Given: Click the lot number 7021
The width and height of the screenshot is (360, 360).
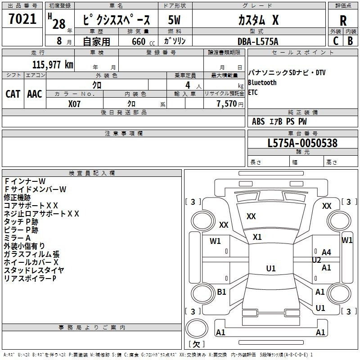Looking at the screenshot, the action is tap(22, 19).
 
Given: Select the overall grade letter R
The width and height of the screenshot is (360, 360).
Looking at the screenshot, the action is tap(343, 21).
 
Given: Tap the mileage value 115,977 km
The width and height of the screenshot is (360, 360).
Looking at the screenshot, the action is tap(53, 65).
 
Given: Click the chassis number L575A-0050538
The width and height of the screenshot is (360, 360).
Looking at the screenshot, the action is tap(302, 143).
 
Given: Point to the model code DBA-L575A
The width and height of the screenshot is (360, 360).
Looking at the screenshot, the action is tap(258, 41).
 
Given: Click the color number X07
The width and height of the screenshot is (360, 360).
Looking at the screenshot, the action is tap(74, 104).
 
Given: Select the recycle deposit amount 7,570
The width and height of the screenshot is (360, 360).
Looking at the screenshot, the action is tap(227, 104).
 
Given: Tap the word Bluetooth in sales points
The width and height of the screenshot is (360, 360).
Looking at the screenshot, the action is tap(262, 82).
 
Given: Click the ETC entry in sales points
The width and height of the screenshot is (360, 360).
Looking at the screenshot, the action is tap(253, 92).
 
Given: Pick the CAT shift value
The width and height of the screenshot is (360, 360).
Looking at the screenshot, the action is tap(13, 94).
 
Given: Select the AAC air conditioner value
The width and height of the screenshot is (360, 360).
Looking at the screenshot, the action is tap(35, 94).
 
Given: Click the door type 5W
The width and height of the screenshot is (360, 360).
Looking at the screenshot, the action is tap(174, 20).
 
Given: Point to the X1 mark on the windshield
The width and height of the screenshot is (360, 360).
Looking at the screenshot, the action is tap(257, 237).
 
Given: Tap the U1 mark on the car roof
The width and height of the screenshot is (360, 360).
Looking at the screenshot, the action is tap(271, 268).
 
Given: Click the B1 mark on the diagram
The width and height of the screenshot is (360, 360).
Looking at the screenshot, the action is tap(221, 292).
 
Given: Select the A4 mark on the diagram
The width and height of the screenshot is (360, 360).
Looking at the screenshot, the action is tap(326, 252).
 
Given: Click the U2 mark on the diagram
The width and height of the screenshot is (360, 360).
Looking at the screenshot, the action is tap(316, 260).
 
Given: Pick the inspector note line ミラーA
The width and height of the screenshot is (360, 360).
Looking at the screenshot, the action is tap(17, 238).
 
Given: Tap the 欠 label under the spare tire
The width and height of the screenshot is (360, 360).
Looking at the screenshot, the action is tap(196, 344).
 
